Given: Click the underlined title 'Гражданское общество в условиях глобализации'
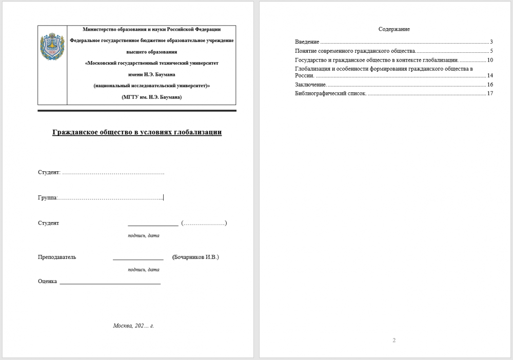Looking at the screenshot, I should tap(137, 132).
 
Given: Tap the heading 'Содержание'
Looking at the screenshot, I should tap(394, 29).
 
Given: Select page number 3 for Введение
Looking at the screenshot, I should tap(491, 42).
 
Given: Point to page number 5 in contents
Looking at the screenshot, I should tap(491, 51).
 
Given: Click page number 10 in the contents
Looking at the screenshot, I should tap(490, 60).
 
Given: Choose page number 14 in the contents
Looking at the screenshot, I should tap(490, 75).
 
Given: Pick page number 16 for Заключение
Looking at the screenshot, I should tap(490, 84).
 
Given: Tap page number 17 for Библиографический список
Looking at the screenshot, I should tap(490, 93).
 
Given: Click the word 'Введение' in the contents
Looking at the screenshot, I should tap(307, 42).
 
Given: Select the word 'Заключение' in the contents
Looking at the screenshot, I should tap(310, 84).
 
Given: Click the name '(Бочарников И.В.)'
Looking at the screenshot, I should tap(195, 257).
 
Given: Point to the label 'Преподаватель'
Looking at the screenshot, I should tap(57, 257).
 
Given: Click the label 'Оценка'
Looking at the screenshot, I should tap(47, 281).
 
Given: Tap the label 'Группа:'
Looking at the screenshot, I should tap(47, 197).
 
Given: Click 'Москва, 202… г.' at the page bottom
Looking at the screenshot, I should tap(133, 326).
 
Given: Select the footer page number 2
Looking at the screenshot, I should tap(394, 341).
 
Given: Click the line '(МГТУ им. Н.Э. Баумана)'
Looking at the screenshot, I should tap(151, 97).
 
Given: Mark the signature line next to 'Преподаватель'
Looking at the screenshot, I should tap(138, 259).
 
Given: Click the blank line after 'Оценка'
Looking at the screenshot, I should tap(110, 283).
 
